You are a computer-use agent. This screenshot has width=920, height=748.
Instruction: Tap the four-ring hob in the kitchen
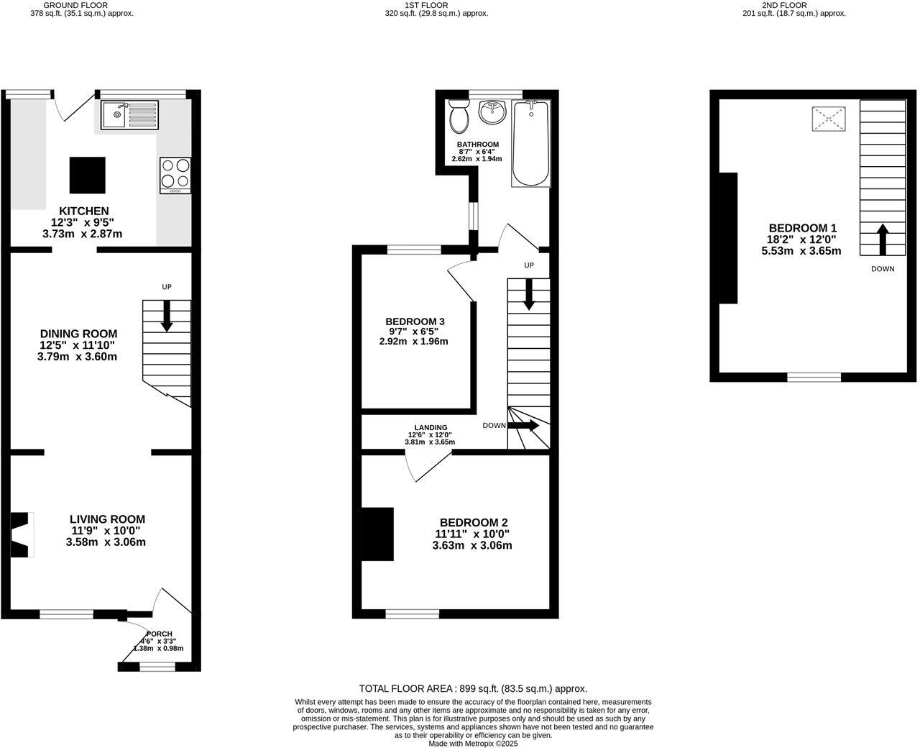[175, 175]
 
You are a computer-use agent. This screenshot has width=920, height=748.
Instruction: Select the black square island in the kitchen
[87, 175]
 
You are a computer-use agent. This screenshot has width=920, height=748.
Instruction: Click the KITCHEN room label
[83, 211]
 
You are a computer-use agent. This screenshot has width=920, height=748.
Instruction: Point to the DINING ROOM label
[78, 334]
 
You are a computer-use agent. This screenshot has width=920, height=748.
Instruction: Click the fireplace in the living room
[21, 534]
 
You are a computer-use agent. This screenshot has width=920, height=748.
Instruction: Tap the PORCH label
[157, 634]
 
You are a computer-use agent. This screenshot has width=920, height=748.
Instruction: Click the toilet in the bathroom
[459, 117]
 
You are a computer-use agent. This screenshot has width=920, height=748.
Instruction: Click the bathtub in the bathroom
[530, 143]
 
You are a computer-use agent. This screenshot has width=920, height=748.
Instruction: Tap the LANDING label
[431, 427]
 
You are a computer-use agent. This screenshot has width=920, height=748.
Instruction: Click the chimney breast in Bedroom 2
[377, 534]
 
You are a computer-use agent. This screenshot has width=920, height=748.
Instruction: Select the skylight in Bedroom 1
[829, 119]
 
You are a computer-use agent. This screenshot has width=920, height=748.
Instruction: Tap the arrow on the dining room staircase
[167, 316]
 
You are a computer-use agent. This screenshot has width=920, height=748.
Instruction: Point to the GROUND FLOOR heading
[80, 5]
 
